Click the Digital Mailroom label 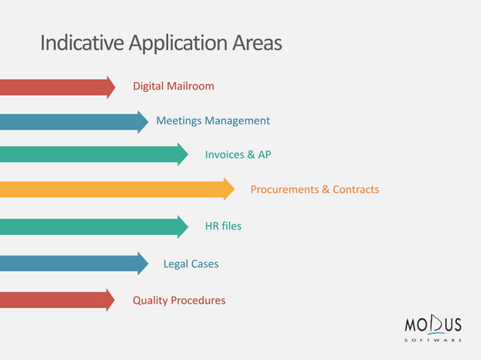(173, 86)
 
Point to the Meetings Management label (213, 121)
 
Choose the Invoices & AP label (237, 154)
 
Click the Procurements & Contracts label (314, 189)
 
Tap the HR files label (223, 225)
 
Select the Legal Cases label (191, 264)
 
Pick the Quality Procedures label (179, 300)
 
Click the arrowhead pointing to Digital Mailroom (111, 87)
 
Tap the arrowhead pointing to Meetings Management (143, 121)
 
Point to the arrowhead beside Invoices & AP (183, 154)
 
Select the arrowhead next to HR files (183, 226)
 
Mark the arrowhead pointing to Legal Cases (143, 264)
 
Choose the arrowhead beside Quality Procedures (111, 300)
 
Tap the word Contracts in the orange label (356, 189)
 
